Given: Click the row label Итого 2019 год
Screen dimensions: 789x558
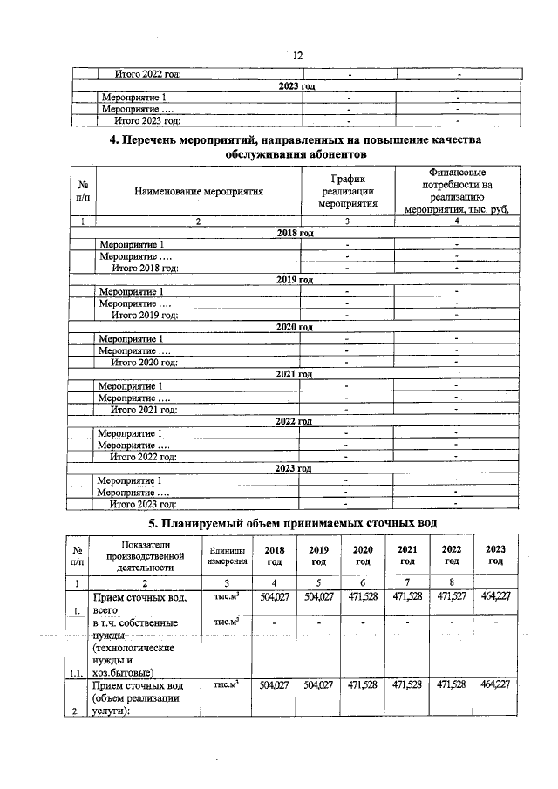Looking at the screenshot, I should click(144, 315).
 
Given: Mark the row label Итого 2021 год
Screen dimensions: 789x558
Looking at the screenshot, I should click(144, 409).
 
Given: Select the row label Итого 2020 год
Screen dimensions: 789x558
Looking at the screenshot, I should click(144, 362).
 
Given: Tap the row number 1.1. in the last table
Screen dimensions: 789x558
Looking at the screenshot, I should click(78, 672).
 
